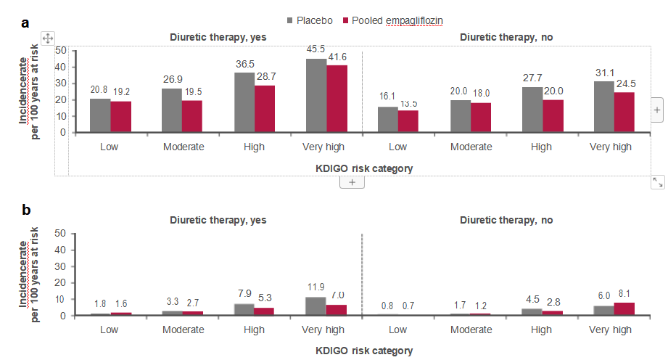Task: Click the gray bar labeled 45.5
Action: (316, 95)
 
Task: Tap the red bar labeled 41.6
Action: (337, 98)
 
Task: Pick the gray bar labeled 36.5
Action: (244, 102)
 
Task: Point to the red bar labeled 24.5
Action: (624, 112)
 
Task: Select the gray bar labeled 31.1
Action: (604, 107)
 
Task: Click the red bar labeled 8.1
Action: (624, 309)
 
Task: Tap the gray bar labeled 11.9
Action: (316, 306)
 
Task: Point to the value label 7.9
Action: (244, 292)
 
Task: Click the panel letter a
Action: (26, 22)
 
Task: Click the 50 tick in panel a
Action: (60, 51)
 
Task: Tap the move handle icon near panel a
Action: (47, 38)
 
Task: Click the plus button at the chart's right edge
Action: (657, 110)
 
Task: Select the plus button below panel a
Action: (352, 182)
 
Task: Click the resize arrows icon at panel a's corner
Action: (657, 182)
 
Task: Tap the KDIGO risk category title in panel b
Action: (364, 351)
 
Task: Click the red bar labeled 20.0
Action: (553, 115)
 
